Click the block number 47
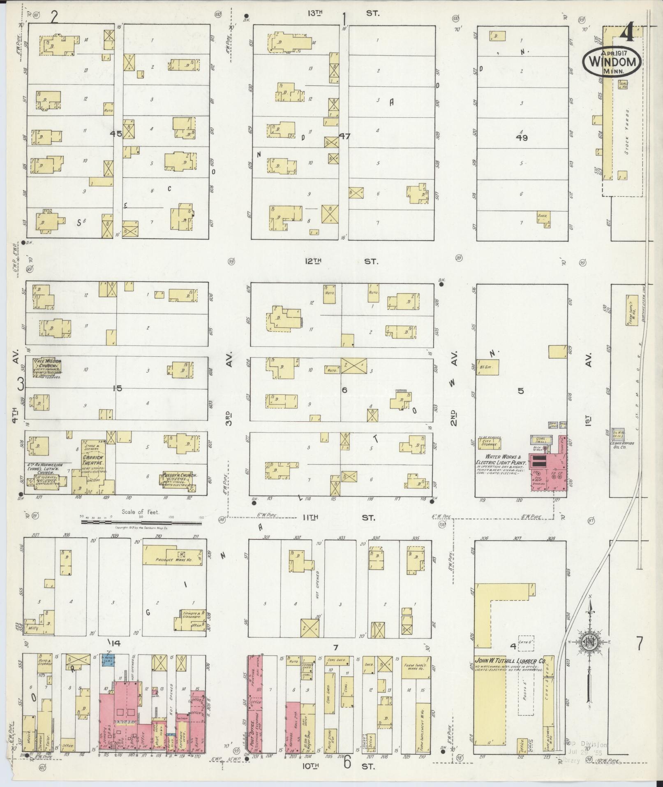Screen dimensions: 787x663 tap(344, 136)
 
